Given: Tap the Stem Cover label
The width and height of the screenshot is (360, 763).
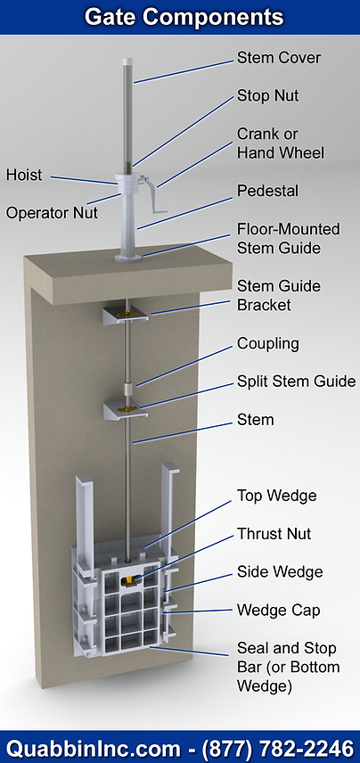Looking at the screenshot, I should (x=279, y=58).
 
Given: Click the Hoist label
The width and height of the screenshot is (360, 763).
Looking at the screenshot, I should (x=24, y=174).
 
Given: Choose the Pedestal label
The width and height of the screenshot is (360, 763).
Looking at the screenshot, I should (x=267, y=191).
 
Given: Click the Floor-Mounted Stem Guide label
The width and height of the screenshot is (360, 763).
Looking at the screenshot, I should (x=278, y=237).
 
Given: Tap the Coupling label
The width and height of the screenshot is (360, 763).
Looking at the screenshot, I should (x=268, y=343).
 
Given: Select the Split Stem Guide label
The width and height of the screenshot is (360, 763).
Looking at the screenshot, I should (x=296, y=381).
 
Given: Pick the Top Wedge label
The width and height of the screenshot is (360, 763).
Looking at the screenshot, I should (x=276, y=496).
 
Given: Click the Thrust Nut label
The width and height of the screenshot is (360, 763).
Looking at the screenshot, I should (x=274, y=534).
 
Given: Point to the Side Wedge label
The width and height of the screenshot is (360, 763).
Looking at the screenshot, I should (x=280, y=572).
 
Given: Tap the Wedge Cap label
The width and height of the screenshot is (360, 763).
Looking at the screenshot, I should (x=278, y=611).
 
